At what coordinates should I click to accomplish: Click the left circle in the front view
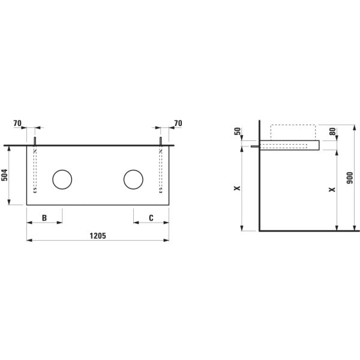click(x=62, y=179)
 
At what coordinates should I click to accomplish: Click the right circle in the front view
click(x=133, y=179)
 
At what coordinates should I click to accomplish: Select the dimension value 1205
click(x=98, y=236)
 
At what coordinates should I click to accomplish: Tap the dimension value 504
click(x=5, y=175)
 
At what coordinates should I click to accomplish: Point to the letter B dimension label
click(x=44, y=218)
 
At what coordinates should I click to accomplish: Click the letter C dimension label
click(x=151, y=218)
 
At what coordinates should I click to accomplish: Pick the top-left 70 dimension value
click(x=17, y=124)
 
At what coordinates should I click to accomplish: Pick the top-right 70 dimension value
click(x=178, y=124)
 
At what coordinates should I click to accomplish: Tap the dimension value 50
click(x=237, y=131)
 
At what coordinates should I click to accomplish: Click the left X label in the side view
click(x=237, y=188)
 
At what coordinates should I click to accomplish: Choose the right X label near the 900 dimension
click(x=332, y=190)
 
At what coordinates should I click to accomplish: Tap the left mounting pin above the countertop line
click(x=35, y=141)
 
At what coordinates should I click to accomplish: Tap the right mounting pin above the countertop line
click(x=161, y=141)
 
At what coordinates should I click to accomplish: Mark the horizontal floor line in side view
click(x=309, y=230)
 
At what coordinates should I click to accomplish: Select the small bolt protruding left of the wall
click(x=254, y=145)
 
